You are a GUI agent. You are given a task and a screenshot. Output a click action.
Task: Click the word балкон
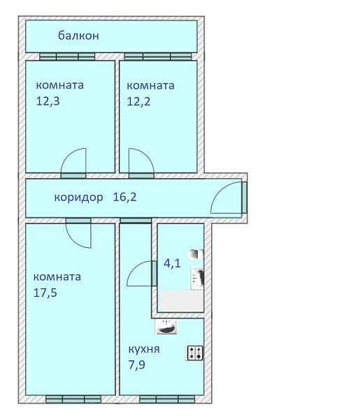pyautogui.click(x=78, y=36)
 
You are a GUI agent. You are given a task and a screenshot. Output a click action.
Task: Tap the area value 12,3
pyautogui.click(x=48, y=101)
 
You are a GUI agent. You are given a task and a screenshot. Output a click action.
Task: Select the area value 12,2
pyautogui.click(x=138, y=101)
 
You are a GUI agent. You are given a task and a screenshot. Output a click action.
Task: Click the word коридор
pyautogui.click(x=78, y=198)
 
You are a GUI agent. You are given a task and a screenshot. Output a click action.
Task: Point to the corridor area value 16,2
pyautogui.click(x=124, y=197)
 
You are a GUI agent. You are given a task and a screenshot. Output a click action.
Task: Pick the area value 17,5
pyautogui.click(x=45, y=293)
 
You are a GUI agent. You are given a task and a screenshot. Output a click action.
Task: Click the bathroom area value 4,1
pyautogui.click(x=172, y=263)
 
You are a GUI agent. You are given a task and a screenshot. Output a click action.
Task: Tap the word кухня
pyautogui.click(x=144, y=350)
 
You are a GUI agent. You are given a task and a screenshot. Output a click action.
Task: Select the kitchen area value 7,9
pyautogui.click(x=137, y=365)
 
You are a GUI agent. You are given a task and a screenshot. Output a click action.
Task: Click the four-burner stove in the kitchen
pyautogui.click(x=194, y=353)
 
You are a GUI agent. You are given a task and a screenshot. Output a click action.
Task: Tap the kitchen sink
pyautogui.click(x=166, y=327)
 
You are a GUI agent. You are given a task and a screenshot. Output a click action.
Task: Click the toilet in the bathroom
pyautogui.click(x=196, y=254)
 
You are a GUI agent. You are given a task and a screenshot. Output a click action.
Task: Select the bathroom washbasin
pyautogui.click(x=198, y=279)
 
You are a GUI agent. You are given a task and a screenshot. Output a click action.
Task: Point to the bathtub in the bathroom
pyautogui.click(x=182, y=300)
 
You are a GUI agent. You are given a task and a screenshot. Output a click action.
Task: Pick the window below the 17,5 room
pyautogui.click(x=73, y=399)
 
